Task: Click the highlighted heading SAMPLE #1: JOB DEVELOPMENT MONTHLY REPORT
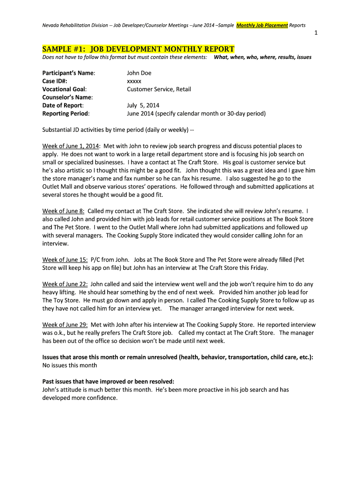[x=138, y=49]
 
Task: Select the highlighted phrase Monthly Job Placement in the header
[x=262, y=25]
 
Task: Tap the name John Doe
[x=139, y=73]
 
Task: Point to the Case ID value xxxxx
[x=134, y=81]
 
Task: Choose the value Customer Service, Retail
[x=159, y=89]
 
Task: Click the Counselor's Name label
[x=67, y=97]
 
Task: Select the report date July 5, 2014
[x=143, y=105]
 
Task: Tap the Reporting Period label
[x=66, y=113]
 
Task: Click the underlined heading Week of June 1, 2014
[x=71, y=146]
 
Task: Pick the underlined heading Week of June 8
[x=63, y=211]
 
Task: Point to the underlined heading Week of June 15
[x=65, y=260]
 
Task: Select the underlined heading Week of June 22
[x=65, y=284]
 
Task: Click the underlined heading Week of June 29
[x=65, y=325]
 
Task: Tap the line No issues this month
[x=70, y=365]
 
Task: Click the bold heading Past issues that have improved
[x=108, y=381]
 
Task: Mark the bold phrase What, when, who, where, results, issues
[x=262, y=57]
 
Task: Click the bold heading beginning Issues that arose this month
[x=178, y=357]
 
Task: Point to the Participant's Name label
[x=69, y=73]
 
